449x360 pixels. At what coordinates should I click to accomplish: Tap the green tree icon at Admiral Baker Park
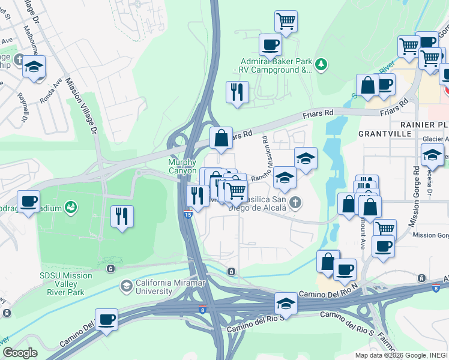tap(321, 64)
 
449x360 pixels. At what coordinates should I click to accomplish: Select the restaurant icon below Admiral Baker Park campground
tap(237, 92)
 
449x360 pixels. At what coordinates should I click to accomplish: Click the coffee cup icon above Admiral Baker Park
tap(270, 44)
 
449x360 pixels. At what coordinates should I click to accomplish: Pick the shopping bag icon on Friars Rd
tap(221, 137)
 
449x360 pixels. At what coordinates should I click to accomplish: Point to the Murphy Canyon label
tap(182, 166)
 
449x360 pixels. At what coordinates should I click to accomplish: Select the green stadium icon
tap(71, 207)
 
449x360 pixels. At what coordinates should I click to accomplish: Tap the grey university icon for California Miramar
tap(126, 286)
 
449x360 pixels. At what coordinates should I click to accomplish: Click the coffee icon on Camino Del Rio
tap(106, 319)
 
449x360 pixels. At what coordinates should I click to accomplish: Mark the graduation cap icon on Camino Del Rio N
tap(286, 304)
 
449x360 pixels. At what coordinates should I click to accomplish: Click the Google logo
tap(20, 353)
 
